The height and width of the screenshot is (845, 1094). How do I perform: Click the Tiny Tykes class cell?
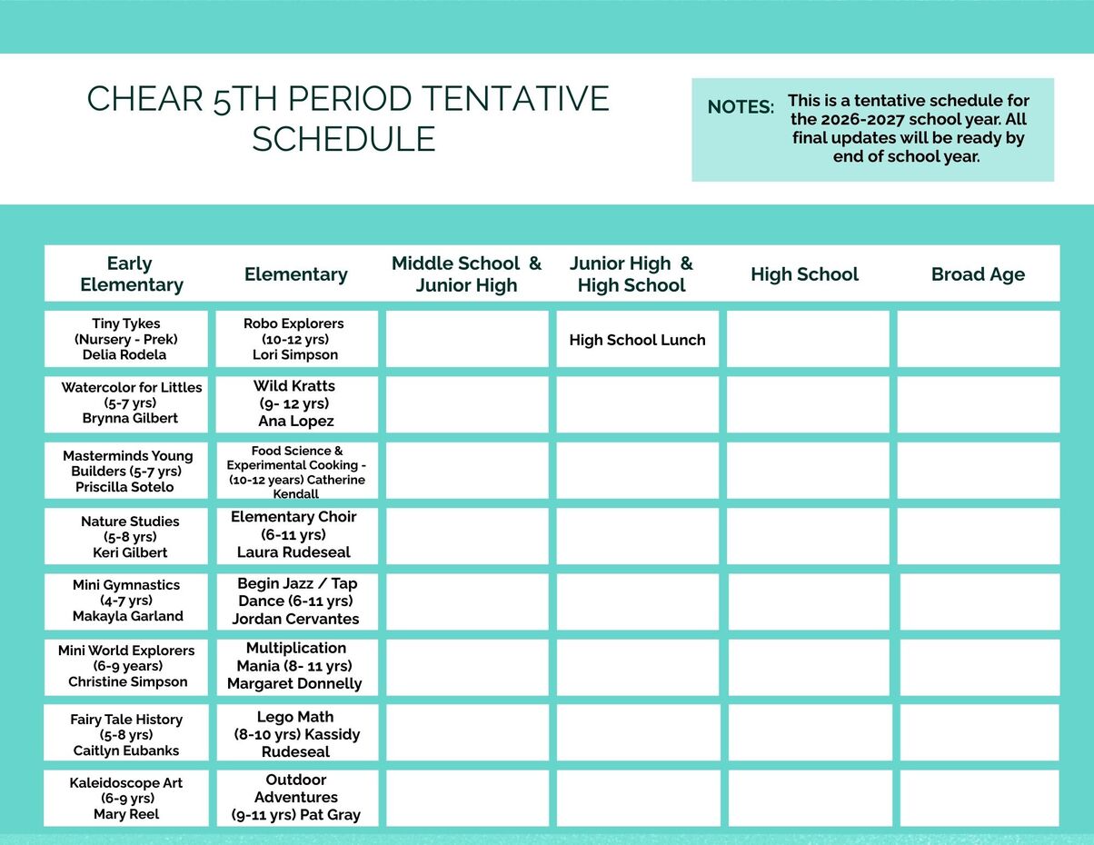click(126, 339)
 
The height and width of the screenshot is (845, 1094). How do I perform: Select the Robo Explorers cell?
click(296, 339)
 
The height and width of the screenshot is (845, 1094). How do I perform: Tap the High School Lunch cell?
click(637, 340)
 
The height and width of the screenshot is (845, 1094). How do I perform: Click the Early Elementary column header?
click(131, 273)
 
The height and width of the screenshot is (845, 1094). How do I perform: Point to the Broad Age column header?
click(978, 274)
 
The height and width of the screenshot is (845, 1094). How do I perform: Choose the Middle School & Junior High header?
click(466, 273)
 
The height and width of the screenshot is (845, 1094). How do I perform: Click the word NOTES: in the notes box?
click(741, 107)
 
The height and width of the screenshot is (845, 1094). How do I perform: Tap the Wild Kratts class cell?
click(296, 403)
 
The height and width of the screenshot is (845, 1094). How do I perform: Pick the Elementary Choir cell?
click(296, 534)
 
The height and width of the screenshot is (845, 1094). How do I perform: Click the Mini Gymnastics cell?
click(126, 601)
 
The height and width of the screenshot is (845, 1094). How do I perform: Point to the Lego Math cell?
click(296, 733)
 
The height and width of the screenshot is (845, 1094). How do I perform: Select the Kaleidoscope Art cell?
click(126, 798)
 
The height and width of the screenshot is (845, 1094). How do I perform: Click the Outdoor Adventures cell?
click(296, 798)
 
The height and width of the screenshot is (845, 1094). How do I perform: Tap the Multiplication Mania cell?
click(296, 666)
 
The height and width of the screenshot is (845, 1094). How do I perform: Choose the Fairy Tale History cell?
click(126, 733)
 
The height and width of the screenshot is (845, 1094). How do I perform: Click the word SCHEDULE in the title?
click(343, 139)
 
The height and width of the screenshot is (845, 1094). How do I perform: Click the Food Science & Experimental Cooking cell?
click(296, 471)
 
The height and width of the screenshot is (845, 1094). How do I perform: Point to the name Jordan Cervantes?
click(295, 619)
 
